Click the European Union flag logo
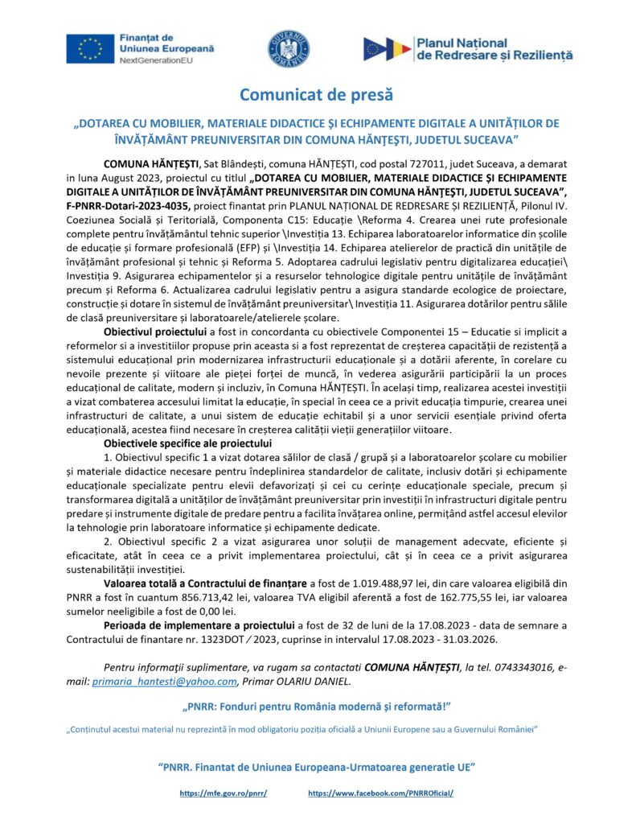point(90,48)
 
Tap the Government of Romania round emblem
point(289,51)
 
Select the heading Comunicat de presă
point(317,95)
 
